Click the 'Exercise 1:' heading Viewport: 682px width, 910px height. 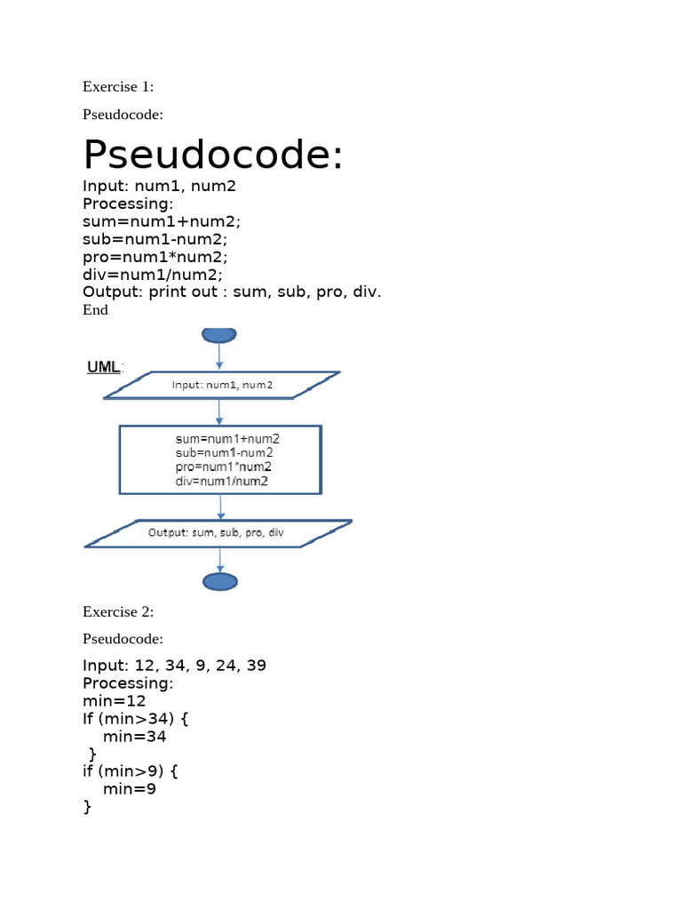tap(118, 86)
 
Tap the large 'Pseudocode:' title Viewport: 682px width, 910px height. tap(213, 155)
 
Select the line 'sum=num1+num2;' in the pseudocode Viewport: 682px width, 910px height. tap(162, 221)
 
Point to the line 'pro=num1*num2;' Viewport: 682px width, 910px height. tap(155, 257)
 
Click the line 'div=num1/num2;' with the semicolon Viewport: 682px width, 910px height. tap(153, 275)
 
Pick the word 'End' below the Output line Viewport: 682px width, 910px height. tap(95, 310)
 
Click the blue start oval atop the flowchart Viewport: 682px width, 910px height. tap(219, 335)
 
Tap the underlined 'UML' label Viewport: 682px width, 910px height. tap(104, 367)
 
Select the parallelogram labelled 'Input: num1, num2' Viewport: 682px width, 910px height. tap(221, 385)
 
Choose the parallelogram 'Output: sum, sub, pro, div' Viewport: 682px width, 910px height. tap(218, 533)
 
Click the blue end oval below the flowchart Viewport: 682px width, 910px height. tap(220, 581)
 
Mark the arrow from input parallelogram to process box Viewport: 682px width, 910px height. tap(219, 412)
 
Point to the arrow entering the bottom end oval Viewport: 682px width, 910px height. tap(220, 560)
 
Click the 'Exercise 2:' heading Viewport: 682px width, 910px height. tap(118, 611)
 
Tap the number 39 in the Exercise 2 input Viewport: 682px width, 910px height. tap(256, 665)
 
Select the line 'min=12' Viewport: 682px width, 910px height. tap(115, 701)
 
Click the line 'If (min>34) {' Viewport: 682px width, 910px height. tap(136, 719)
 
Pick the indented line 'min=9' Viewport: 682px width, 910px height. tap(130, 789)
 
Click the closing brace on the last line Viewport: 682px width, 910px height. tap(88, 807)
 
